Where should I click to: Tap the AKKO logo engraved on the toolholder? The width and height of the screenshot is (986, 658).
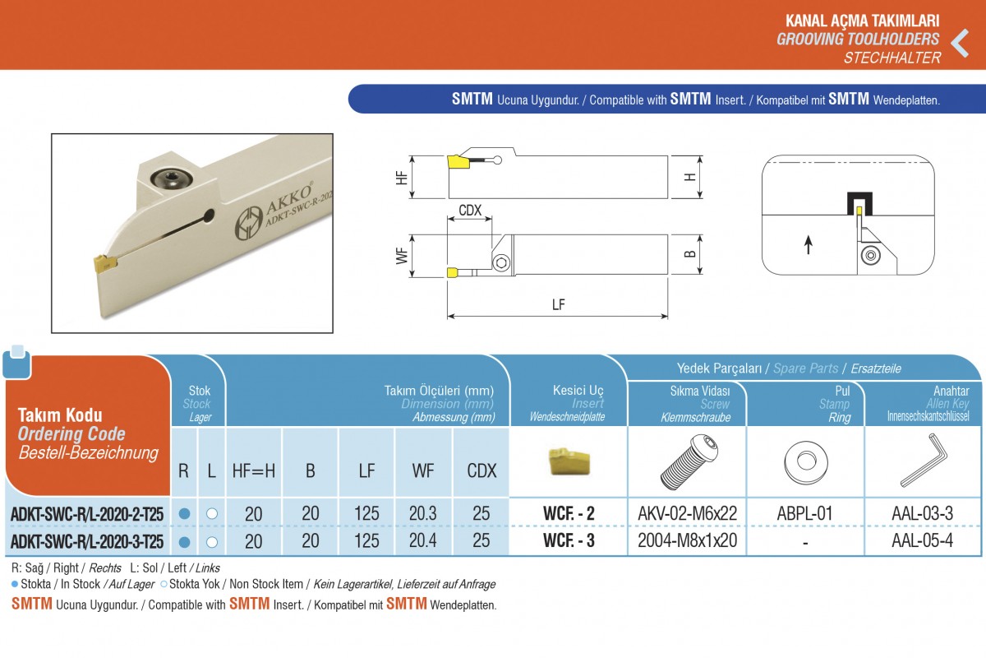tap(248, 224)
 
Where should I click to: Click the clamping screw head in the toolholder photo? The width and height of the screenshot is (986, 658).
tap(171, 179)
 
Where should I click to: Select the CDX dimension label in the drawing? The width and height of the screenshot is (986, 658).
tap(470, 211)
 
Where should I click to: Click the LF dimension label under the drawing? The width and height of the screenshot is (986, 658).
tap(558, 304)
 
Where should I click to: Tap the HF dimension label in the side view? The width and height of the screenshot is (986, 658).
tap(402, 178)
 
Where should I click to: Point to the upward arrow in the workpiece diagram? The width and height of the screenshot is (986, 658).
tap(809, 245)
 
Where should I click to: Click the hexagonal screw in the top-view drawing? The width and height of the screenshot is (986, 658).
tap(501, 262)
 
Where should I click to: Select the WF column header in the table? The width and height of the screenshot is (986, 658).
tap(422, 470)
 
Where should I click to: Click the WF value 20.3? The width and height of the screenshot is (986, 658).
tap(422, 513)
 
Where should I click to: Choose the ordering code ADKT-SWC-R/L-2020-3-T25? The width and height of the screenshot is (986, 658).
tap(87, 542)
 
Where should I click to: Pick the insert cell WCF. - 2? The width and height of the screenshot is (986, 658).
tap(569, 513)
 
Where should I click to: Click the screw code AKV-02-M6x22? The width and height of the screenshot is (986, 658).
tap(687, 513)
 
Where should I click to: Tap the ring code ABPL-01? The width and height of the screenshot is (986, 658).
tap(804, 513)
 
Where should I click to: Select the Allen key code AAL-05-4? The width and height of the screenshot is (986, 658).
tap(922, 540)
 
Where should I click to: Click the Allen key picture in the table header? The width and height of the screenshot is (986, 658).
tap(923, 460)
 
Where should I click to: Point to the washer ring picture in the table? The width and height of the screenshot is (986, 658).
tap(805, 462)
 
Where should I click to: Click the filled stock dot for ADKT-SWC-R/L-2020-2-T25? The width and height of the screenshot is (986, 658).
tap(184, 513)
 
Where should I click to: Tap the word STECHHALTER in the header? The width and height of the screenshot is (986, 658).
tap(892, 58)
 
